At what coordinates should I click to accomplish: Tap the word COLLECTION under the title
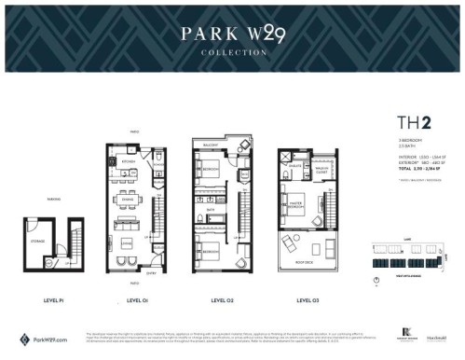pos(233,53)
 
